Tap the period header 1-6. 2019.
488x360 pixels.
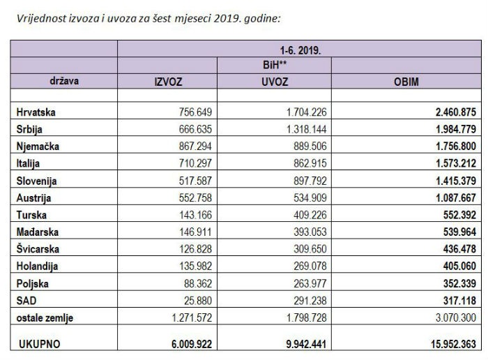pos(301,50)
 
